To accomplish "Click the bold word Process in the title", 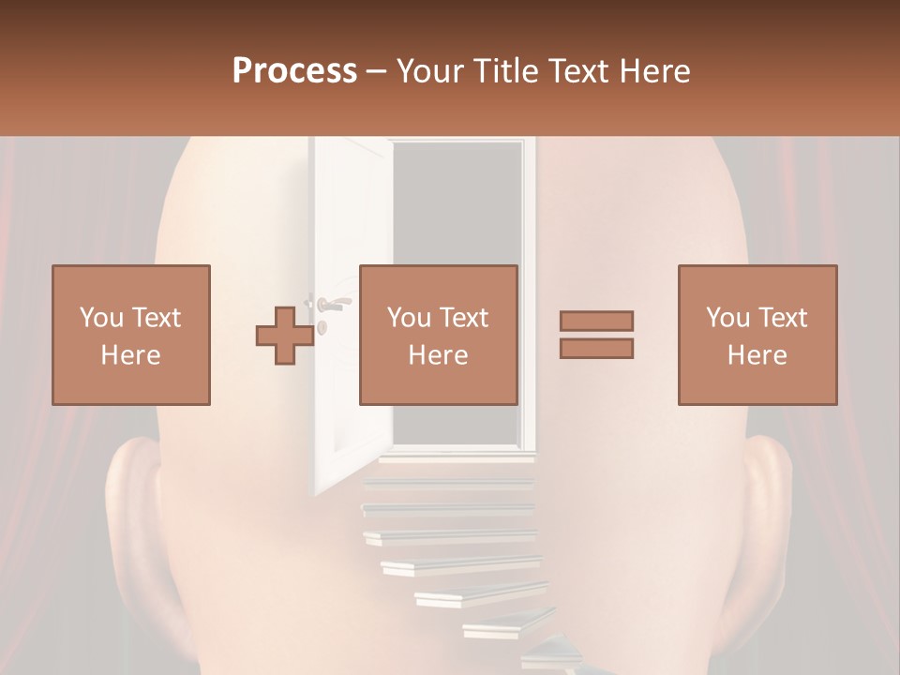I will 294,71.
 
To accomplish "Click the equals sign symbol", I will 596,335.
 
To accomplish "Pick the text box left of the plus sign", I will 131,335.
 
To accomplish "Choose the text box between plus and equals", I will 438,335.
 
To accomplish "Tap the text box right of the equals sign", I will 757,335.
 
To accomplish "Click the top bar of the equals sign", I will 596,321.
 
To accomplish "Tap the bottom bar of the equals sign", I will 596,349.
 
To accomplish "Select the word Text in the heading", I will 577,71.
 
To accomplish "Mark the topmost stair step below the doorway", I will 455,460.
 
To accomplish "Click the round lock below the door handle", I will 322,326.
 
